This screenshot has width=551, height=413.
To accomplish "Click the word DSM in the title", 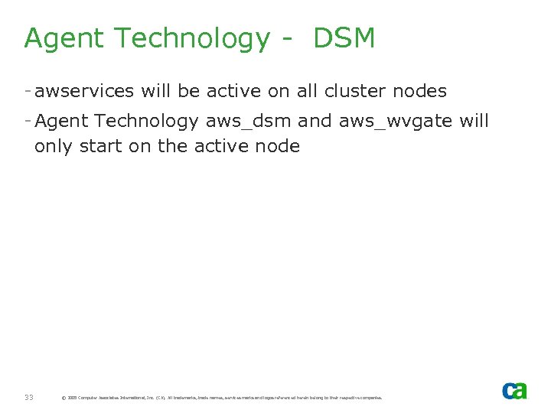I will pos(344,37).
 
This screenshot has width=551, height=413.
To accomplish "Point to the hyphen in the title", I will pos(286,39).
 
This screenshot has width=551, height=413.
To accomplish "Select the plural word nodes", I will pos(419,92).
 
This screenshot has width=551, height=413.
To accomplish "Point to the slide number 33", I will pos(28,397).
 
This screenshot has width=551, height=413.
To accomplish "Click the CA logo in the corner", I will pos(514,390).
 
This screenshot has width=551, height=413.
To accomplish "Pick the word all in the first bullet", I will pos(307,92).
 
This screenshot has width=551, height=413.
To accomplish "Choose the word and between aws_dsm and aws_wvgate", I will pos(315,121).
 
